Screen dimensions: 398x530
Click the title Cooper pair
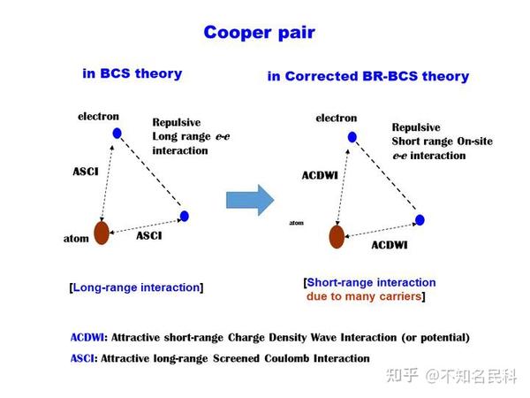pyautogui.click(x=259, y=33)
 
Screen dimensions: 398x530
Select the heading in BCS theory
pyautogui.click(x=132, y=74)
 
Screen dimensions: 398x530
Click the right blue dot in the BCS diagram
pyautogui.click(x=184, y=216)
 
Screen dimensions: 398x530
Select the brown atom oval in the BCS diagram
pyautogui.click(x=102, y=233)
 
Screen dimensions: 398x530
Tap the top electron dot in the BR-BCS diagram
pyautogui.click(x=352, y=136)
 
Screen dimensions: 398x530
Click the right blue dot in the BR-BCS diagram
pyautogui.click(x=420, y=219)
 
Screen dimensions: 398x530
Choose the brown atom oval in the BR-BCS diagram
pyautogui.click(x=337, y=237)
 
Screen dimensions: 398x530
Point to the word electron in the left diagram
pyautogui.click(x=98, y=116)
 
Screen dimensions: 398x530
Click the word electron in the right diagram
pyautogui.click(x=336, y=118)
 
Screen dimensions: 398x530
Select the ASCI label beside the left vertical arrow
pyautogui.click(x=85, y=172)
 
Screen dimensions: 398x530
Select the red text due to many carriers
pyautogui.click(x=366, y=296)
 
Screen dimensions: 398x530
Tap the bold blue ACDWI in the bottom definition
pyautogui.click(x=87, y=337)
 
